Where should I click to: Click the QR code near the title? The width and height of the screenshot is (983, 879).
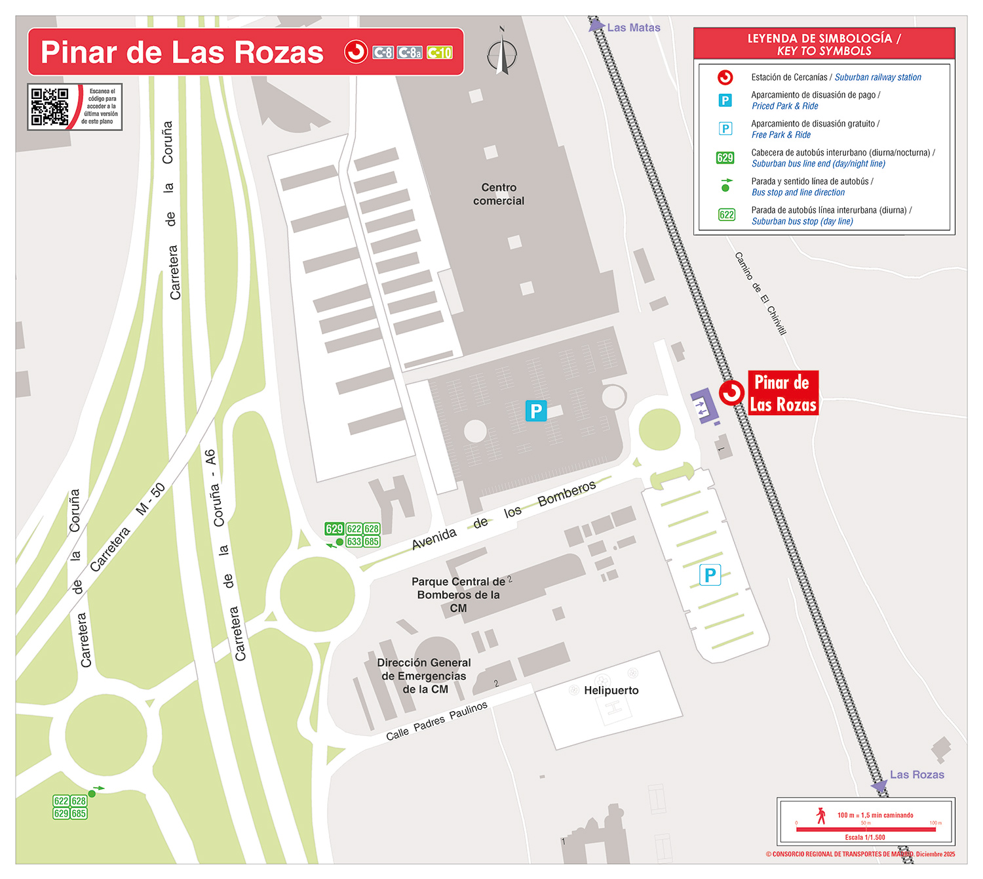point(50,106)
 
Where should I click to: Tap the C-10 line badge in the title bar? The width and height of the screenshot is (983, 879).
point(439,52)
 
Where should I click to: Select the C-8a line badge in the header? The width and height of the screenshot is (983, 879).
point(410,52)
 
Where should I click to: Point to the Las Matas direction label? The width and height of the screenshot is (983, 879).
point(633,28)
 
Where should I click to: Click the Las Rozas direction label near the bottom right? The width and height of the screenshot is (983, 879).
point(916,775)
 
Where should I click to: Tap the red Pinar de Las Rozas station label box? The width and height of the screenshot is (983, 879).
point(783,394)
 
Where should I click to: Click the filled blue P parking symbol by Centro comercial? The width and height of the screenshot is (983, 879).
point(535,411)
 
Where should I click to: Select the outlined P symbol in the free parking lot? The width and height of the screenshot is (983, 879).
point(710,575)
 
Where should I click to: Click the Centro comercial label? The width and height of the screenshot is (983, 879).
point(499,194)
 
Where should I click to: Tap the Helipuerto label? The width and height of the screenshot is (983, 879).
point(611,690)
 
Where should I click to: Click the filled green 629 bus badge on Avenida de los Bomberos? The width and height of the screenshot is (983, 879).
point(334,529)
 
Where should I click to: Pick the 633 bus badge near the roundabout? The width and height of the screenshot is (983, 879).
point(355,542)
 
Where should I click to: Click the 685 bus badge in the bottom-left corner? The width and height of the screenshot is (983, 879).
point(79,813)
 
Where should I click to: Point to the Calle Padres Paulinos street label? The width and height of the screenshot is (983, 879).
point(436,721)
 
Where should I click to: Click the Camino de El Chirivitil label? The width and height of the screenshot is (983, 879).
point(760,293)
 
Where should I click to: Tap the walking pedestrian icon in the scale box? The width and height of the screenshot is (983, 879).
point(821,815)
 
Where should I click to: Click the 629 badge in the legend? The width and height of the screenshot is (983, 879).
point(725,157)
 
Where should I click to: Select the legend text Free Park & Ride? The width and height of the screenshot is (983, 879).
point(781,134)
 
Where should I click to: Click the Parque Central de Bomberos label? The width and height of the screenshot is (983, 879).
point(458,594)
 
